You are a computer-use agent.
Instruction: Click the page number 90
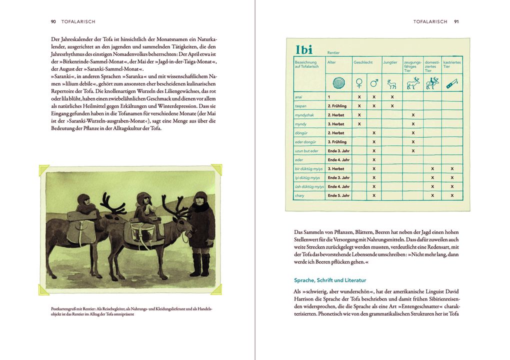[53, 22]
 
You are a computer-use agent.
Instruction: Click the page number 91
[456, 22]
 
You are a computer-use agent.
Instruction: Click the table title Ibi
[304, 49]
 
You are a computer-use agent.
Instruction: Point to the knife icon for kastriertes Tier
[451, 82]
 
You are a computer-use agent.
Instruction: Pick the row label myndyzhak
[304, 115]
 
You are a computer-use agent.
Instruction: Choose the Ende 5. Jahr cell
[338, 195]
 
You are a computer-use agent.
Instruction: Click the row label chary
[299, 195]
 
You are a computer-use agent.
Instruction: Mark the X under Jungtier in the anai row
[392, 97]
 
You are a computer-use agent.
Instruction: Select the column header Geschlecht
[363, 62]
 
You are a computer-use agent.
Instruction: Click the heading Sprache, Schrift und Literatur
[329, 280]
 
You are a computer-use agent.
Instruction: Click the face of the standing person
[201, 199]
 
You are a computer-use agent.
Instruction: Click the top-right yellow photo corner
[215, 169]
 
